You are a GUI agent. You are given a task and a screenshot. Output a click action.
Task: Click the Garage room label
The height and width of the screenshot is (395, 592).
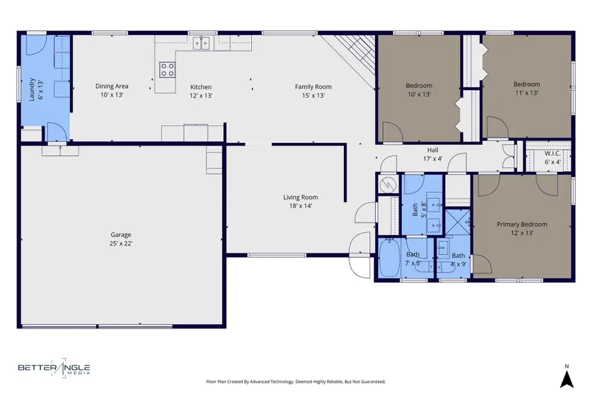tap(120, 238)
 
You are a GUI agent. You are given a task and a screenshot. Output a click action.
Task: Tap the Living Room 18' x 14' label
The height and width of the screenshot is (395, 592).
tap(301, 201)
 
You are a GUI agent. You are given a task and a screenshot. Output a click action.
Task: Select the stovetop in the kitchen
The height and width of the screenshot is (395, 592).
tap(167, 68)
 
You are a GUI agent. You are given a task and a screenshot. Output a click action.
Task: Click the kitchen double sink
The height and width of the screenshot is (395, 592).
tap(202, 43)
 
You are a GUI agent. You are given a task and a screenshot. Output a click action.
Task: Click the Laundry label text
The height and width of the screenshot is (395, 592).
tap(35, 88)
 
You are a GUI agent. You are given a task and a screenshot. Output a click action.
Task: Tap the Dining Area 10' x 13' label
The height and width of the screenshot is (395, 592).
tap(112, 90)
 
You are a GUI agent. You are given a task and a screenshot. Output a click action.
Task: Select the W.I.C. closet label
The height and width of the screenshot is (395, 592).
tap(552, 157)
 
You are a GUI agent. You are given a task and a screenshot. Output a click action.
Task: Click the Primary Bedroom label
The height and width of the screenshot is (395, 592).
tap(522, 228)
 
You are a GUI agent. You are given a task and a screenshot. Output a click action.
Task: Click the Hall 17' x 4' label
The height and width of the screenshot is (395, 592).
tap(432, 154)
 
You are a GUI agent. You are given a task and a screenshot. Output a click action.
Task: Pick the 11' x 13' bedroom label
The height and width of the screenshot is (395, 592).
tap(526, 88)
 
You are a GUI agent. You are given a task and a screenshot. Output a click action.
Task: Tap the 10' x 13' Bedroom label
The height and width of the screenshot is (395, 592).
tap(418, 90)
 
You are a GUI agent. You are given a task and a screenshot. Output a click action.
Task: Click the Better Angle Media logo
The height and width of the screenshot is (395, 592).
tap(54, 369)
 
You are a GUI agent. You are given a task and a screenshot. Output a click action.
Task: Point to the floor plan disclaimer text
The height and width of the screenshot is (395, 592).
tap(295, 381)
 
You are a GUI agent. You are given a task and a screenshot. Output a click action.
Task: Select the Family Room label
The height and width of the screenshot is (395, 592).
tap(312, 90)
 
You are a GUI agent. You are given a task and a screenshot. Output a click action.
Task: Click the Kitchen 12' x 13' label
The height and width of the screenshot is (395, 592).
tap(201, 90)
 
